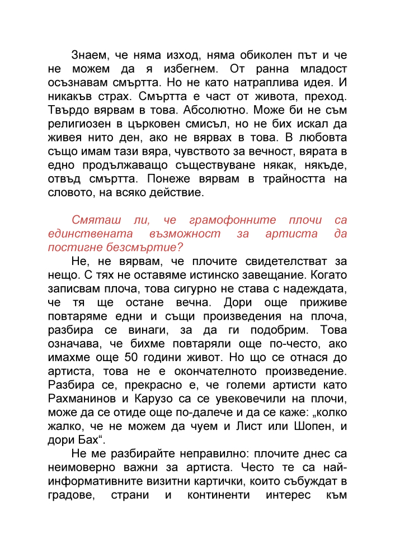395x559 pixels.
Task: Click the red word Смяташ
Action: [94, 221]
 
